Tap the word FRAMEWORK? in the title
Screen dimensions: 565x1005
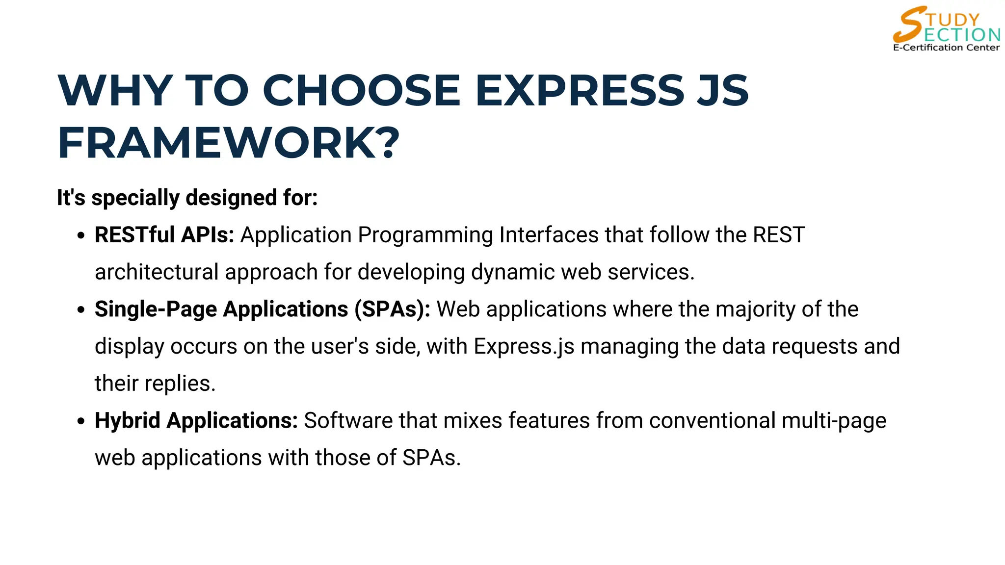pyautogui.click(x=229, y=143)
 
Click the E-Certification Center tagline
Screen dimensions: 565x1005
pyautogui.click(x=946, y=48)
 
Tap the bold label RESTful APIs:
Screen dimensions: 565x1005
pyautogui.click(x=164, y=235)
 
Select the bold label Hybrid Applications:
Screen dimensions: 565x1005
pyautogui.click(x=196, y=421)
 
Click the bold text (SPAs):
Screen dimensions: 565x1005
pyautogui.click(x=393, y=309)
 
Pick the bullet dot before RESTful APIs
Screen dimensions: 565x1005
pyautogui.click(x=81, y=235)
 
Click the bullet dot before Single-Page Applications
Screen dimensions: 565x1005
pyautogui.click(x=81, y=310)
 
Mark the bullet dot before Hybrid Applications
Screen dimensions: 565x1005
pyautogui.click(x=81, y=421)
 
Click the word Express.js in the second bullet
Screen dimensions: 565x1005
pyautogui.click(x=524, y=347)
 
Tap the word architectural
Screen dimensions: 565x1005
pyautogui.click(x=157, y=272)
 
